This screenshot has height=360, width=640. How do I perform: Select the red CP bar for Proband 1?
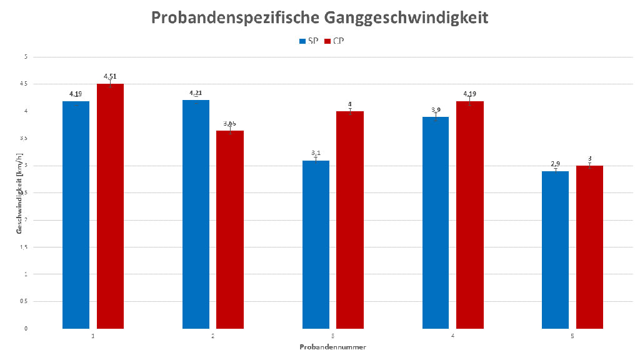(110, 206)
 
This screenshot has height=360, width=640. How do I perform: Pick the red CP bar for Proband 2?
(230, 229)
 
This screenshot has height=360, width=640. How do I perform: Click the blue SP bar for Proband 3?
(316, 244)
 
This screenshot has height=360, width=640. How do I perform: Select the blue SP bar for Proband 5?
(555, 249)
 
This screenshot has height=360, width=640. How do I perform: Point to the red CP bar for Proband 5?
(589, 247)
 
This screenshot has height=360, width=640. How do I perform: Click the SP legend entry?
(309, 41)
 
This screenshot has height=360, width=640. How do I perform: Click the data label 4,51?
(110, 76)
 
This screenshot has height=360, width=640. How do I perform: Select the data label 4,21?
(196, 93)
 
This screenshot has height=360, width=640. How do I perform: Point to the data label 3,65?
(230, 123)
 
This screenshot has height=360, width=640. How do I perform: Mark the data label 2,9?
(555, 164)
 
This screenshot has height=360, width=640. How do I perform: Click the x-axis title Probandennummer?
(332, 346)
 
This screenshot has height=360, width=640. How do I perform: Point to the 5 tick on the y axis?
(26, 57)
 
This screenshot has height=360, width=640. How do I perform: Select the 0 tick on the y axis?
(26, 328)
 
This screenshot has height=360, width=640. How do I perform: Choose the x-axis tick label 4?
(452, 337)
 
